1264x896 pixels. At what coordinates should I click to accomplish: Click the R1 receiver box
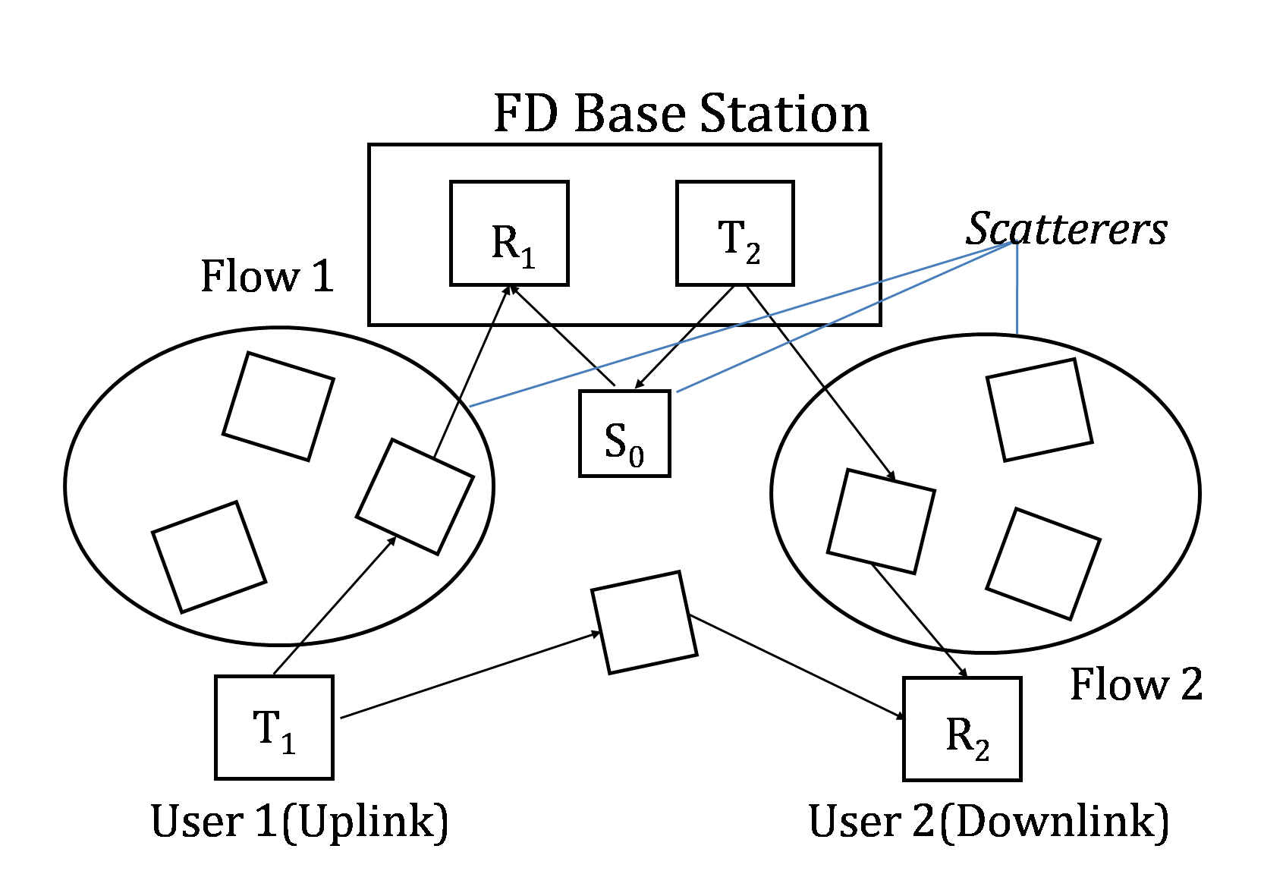point(509,234)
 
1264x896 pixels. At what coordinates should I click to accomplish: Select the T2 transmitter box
point(734,234)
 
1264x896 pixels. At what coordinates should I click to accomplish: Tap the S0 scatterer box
point(624,434)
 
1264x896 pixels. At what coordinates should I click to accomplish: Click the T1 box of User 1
point(274,727)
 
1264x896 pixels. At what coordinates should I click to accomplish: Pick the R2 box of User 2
point(962,728)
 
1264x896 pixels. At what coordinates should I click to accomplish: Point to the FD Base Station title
point(681,114)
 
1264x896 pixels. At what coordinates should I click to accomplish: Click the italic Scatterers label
point(1066,228)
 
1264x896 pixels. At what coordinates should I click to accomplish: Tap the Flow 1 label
point(267,275)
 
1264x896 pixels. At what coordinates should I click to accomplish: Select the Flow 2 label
point(1136,684)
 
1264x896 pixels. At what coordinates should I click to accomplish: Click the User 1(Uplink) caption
point(300,822)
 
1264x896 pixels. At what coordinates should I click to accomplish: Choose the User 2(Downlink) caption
point(989,822)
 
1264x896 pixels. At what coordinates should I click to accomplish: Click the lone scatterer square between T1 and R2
point(644,623)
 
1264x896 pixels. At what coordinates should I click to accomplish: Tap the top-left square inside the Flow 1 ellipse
point(278,406)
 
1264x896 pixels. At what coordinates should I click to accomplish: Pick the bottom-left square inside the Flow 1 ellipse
point(209,556)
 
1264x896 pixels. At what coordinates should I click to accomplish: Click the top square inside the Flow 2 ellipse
point(1039,410)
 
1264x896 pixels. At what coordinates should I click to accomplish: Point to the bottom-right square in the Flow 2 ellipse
point(1043,564)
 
